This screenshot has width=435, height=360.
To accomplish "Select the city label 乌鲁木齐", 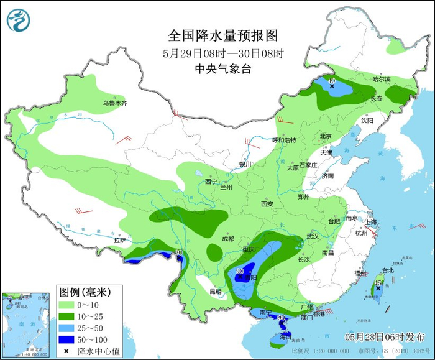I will pyautogui.click(x=114, y=103).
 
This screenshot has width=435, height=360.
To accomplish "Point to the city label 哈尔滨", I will pyautogui.click(x=381, y=80).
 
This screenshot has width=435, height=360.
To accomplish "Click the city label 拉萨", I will pyautogui.click(x=120, y=240).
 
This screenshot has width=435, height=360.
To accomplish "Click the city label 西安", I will pyautogui.click(x=267, y=203).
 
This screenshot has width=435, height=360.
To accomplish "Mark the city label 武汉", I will pyautogui.click(x=312, y=236).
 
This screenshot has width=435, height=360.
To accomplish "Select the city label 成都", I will pyautogui.click(x=227, y=239).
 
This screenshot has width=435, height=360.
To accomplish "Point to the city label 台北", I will pyautogui.click(x=388, y=270).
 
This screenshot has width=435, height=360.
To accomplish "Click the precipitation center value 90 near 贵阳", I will pyautogui.click(x=239, y=271).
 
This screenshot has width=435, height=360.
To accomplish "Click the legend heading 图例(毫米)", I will pyautogui.click(x=84, y=292).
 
